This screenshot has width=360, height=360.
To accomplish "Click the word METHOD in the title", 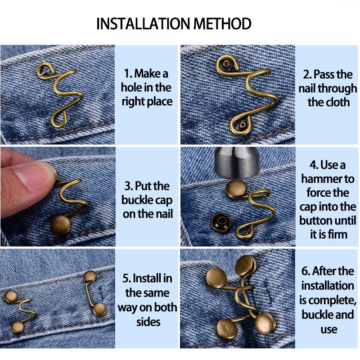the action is (222, 23).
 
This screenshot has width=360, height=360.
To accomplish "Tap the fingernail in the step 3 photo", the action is (35, 175).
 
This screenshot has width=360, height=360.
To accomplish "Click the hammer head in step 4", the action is (237, 162).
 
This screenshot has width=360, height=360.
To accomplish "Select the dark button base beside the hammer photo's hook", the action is (220, 223).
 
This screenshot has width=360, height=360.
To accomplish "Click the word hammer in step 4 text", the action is (328, 179).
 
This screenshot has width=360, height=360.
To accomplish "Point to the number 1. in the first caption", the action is (128, 74).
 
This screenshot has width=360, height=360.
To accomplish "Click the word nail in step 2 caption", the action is (307, 88).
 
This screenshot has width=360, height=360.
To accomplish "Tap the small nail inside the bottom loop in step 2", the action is (242, 125).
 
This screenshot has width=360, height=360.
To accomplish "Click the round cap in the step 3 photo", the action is (60, 225).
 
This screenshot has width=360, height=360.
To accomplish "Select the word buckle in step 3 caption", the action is (135, 200).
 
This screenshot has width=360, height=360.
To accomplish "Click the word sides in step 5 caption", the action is (148, 322).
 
